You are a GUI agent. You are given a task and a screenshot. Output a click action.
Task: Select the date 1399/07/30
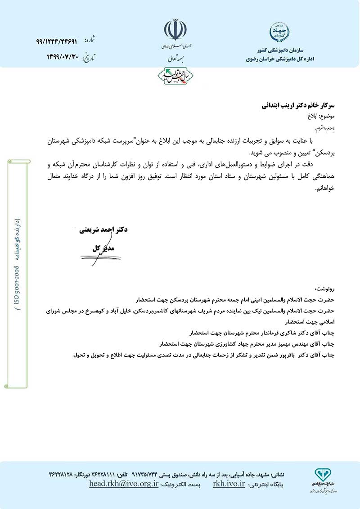(x=63, y=57)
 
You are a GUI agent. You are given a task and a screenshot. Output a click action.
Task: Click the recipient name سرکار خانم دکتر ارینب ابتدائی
(x=299, y=106)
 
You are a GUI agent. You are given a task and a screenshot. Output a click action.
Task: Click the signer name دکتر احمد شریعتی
(x=103, y=230)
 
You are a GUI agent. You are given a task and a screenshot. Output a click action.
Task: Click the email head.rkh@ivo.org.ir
(x=124, y=484)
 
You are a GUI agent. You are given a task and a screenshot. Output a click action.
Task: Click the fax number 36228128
(x=63, y=475)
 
